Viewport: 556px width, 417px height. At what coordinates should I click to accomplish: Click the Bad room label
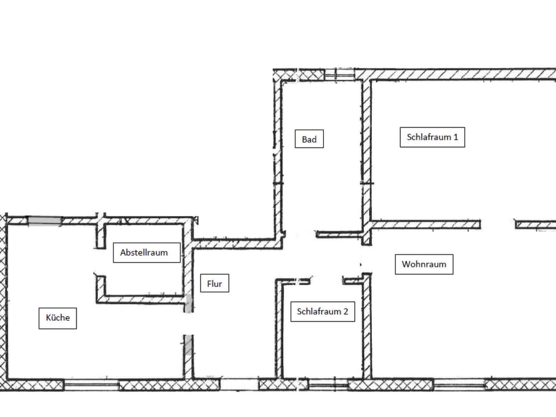coord(309,139)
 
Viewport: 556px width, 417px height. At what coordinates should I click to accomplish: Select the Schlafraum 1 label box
coord(432,137)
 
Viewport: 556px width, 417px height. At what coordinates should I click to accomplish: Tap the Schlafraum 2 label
coord(323,312)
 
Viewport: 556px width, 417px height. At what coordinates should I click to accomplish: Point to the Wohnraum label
coord(424,264)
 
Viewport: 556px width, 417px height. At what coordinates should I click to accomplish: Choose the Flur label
coord(214,283)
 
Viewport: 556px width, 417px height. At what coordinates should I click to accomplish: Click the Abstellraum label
coord(147,253)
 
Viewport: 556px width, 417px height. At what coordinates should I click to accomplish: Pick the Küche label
coord(57,318)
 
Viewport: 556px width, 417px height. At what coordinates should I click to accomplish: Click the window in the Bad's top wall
coord(339,74)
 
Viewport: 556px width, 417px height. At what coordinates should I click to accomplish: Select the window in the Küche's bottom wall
coord(91,385)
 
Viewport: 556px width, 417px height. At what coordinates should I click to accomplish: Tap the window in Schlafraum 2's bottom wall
coord(328,385)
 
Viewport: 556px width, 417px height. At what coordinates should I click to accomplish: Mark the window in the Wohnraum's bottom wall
coord(459,385)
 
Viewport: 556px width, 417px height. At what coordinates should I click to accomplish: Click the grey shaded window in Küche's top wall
coord(45,221)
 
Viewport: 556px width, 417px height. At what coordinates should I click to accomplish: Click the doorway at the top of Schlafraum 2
coord(327,281)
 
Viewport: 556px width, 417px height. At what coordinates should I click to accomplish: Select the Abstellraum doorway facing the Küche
coord(101,262)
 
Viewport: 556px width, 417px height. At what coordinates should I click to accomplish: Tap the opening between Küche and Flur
coord(188,324)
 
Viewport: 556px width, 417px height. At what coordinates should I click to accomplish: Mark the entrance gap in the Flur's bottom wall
coord(239,385)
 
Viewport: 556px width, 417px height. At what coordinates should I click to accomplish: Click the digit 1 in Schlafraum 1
coord(456,137)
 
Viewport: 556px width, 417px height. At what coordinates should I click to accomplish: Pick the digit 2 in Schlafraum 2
coord(345,312)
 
